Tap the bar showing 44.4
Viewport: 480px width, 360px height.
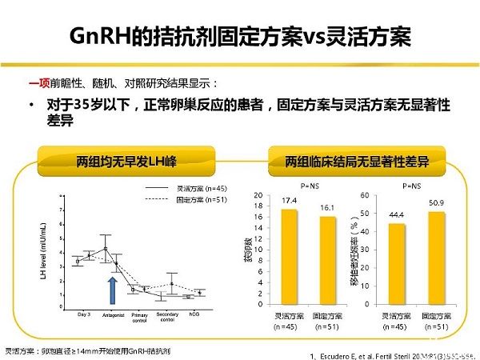[396, 264]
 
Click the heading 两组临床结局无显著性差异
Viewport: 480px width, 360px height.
[356, 161]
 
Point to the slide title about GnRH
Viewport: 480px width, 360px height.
[240, 36]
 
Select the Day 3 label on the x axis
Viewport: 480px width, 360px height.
[82, 312]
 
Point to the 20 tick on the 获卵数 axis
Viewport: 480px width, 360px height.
[255, 195]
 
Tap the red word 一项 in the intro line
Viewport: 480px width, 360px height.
[38, 82]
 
